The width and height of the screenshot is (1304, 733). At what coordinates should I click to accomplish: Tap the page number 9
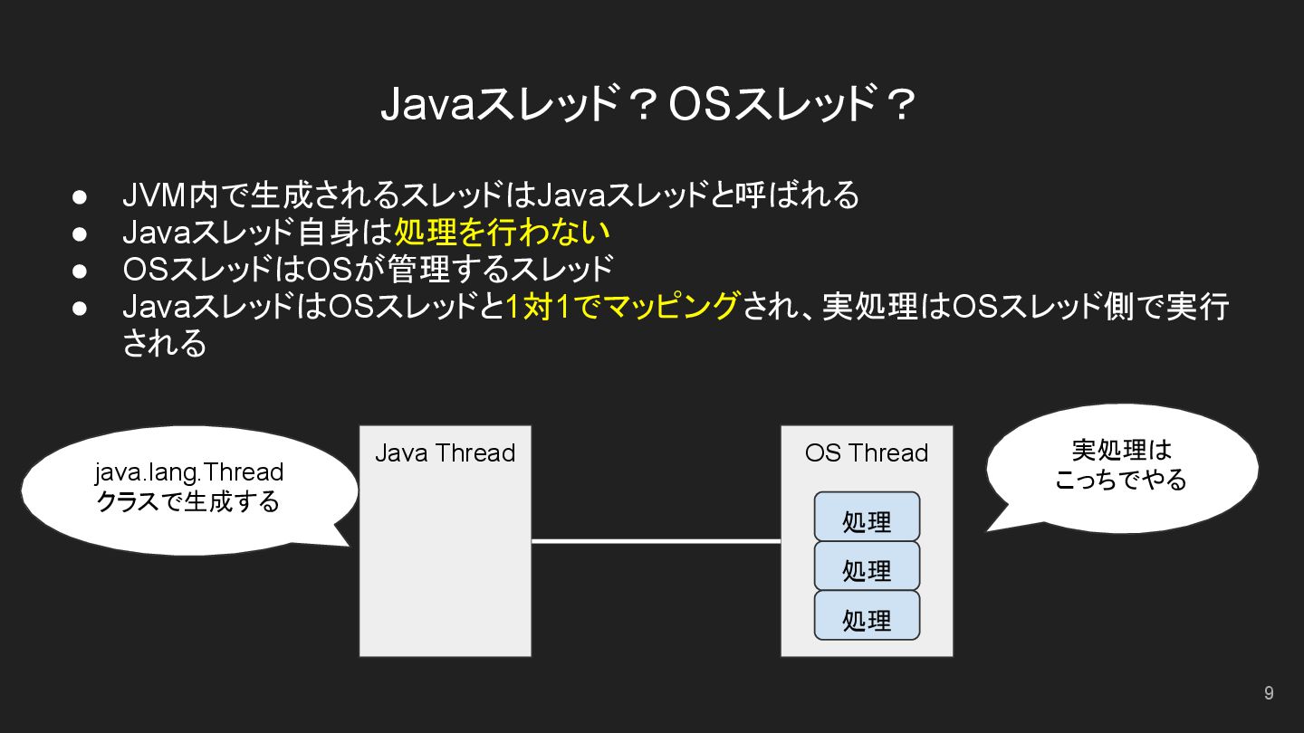1269,693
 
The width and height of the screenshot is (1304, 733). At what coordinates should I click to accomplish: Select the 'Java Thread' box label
445,452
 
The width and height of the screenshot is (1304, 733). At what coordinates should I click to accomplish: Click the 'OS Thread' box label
867,452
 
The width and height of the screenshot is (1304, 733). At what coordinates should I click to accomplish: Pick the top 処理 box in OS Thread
867,519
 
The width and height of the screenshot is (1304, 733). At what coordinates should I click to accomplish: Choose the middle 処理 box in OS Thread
867,567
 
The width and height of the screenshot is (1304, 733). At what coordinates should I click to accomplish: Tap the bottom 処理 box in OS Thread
867,617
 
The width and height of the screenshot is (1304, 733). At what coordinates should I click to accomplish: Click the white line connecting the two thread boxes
656,541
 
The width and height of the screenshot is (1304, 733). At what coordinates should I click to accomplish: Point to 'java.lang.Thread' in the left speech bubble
188,472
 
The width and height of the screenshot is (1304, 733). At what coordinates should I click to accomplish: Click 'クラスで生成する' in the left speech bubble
188,501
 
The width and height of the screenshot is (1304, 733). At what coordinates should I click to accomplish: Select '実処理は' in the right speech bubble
1121,450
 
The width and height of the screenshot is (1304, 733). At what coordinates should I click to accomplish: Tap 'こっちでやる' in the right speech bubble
1121,479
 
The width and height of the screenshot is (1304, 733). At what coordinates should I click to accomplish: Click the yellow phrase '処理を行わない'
502,233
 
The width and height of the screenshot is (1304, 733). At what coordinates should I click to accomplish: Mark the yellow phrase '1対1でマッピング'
623,307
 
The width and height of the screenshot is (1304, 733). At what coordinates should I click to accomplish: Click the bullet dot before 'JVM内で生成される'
80,195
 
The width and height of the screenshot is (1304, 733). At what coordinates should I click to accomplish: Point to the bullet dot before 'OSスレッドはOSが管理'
80,270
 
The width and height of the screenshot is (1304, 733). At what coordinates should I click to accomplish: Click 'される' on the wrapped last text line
164,344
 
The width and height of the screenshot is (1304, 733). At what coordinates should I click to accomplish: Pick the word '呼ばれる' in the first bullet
797,195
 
